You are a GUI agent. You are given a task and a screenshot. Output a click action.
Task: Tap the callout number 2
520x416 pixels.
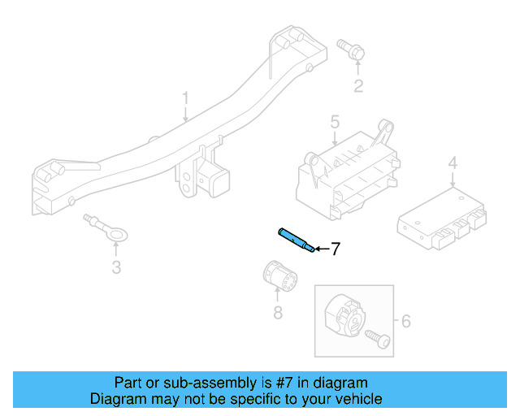click(357, 86)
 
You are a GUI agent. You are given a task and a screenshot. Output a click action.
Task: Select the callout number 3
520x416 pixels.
click(116, 267)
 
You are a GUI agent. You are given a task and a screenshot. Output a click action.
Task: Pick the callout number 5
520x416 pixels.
click(334, 123)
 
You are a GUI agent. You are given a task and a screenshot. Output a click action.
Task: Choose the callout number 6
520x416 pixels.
click(405, 321)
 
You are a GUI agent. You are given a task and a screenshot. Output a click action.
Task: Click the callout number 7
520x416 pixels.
click(335, 249)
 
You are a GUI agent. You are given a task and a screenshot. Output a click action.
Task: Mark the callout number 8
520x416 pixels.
click(278, 313)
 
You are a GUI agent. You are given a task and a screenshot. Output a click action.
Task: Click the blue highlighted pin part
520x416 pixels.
click(296, 240)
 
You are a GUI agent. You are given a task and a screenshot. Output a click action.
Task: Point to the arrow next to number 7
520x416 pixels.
click(320, 249)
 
